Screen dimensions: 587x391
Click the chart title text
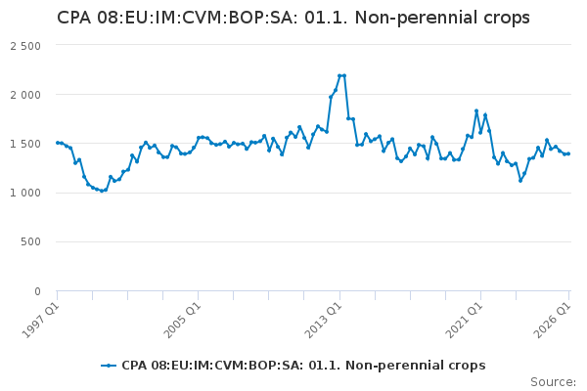coord(293,18)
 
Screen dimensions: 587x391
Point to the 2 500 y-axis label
coord(25,46)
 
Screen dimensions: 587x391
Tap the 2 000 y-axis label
coord(25,95)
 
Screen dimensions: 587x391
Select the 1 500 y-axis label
coord(25,144)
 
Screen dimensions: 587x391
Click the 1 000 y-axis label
coord(25,194)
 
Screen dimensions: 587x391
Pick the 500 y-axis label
coord(30,241)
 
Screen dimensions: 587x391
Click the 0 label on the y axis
coord(37,291)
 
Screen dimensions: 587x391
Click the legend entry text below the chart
coord(303,366)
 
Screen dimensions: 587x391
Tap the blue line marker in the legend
coord(109,366)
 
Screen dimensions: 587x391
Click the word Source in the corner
coord(553,382)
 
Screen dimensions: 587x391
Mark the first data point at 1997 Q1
coord(58,143)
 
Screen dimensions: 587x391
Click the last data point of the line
coord(568,153)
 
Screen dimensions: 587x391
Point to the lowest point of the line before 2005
coord(102,191)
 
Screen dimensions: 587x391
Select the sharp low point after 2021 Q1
coord(520,181)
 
